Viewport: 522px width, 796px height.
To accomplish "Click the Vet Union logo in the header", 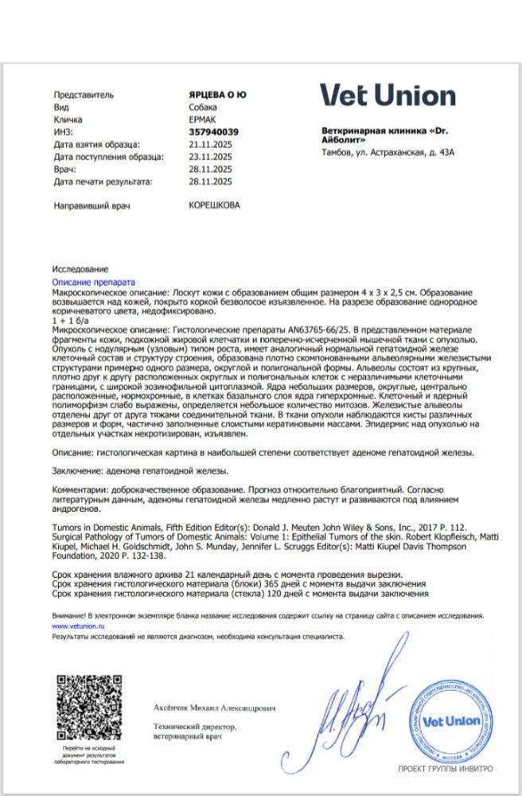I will click(x=388, y=96).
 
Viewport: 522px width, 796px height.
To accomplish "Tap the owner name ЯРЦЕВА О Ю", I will click(x=217, y=95).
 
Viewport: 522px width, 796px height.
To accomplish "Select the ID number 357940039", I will click(x=214, y=131).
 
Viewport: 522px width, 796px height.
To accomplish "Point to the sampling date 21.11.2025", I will click(x=211, y=144).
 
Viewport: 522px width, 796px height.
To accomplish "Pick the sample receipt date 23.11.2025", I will click(x=211, y=157).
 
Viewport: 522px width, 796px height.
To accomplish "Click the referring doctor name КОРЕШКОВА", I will click(x=214, y=205).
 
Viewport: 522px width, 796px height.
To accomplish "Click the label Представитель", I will click(x=83, y=95).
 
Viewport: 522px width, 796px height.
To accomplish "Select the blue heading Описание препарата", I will click(x=94, y=283).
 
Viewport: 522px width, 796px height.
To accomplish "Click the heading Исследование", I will click(x=80, y=270).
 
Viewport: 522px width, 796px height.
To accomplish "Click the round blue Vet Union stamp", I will click(x=446, y=721).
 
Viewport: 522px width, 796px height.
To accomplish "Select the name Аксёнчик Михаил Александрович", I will click(x=214, y=708).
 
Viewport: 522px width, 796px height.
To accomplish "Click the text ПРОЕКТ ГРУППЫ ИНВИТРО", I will click(x=445, y=769).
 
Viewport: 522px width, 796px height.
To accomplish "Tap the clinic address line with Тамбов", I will click(x=388, y=151).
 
